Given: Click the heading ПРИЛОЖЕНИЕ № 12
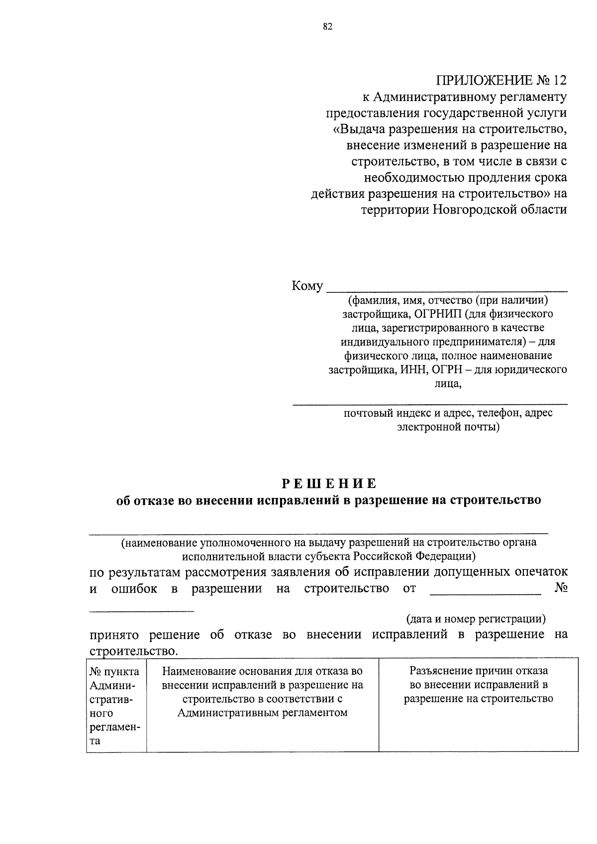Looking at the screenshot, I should tap(501, 80).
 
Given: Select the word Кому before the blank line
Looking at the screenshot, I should tap(307, 286).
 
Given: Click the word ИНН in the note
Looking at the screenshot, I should tap(414, 370).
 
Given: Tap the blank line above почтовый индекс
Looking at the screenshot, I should tap(429, 404).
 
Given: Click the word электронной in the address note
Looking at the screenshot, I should tap(429, 427).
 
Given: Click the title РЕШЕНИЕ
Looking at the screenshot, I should tap(329, 483).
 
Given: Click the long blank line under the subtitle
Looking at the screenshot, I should tap(318, 533).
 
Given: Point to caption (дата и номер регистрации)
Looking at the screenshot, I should tap(476, 619).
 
